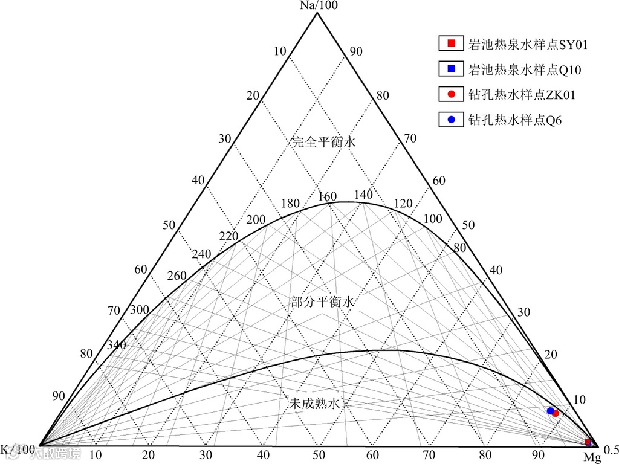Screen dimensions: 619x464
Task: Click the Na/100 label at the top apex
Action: point(317,5)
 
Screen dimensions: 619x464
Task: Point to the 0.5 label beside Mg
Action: point(611,449)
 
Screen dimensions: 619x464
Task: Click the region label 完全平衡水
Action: point(323,143)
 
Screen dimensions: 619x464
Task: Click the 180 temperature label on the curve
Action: point(290,204)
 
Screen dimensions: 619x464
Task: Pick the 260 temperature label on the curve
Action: point(177,276)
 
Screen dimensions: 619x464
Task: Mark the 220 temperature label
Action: point(228,236)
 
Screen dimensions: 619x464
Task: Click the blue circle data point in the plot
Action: point(550,411)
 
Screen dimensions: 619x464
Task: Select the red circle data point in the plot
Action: point(556,413)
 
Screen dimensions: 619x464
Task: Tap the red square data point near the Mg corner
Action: point(588,442)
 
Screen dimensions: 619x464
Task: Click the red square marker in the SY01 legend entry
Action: point(450,43)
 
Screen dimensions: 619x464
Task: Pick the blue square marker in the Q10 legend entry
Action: point(450,69)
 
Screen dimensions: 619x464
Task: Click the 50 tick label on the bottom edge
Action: point(319,455)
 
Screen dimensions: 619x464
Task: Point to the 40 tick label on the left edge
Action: point(198,181)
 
